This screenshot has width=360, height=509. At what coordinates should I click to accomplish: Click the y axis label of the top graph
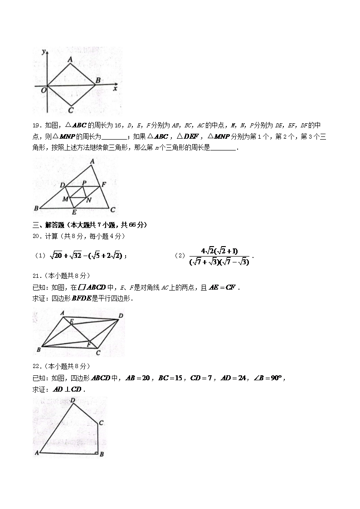point(44,52)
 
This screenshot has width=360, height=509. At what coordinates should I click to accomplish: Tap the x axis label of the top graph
point(115,89)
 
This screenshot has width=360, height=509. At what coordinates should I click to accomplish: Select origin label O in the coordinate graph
point(44,90)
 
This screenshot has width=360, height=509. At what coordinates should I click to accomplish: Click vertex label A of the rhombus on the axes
point(70,59)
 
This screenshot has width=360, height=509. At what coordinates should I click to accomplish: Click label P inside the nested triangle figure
point(84,183)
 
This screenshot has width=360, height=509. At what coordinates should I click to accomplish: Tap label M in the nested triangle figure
point(66,199)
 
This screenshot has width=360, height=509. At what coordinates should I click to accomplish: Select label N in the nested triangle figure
point(89,200)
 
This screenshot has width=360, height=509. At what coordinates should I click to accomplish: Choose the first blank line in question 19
point(114,136)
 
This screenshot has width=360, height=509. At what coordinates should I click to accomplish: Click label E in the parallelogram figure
point(71,321)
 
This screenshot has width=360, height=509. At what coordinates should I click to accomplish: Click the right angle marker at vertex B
point(97,451)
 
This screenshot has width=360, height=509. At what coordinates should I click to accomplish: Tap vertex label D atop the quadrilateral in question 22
point(73,400)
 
